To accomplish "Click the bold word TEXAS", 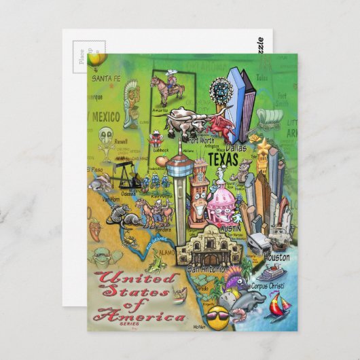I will tap(223, 160).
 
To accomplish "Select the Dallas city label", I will tap(236, 147).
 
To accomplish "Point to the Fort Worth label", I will tap(201, 141).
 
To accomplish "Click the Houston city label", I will tap(277, 257).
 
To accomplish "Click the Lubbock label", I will tap(161, 149).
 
